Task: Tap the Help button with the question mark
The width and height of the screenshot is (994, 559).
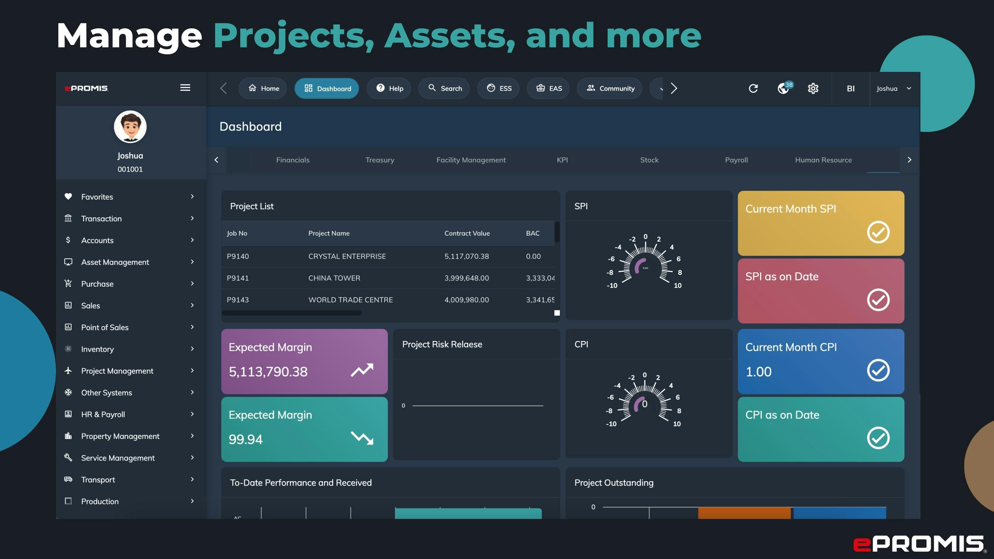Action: tap(389, 88)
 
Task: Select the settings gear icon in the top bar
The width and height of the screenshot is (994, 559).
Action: tap(813, 88)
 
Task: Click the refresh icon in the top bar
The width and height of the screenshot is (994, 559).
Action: tap(753, 88)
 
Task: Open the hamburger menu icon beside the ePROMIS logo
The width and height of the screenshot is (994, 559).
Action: tap(185, 88)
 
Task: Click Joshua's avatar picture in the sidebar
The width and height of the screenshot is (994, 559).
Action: tap(130, 127)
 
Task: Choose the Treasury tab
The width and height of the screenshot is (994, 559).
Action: tap(380, 160)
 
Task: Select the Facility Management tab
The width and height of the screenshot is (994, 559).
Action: tap(471, 160)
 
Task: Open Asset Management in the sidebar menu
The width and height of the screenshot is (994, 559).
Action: tap(115, 262)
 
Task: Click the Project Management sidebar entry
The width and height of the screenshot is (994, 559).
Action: tap(117, 371)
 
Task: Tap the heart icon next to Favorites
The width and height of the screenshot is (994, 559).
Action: tap(68, 196)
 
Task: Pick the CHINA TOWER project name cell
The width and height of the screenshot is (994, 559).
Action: tap(334, 278)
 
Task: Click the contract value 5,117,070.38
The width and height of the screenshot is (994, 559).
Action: tap(467, 256)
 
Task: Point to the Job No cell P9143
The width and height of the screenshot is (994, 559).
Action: tap(238, 300)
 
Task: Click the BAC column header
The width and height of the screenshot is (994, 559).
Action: tap(532, 233)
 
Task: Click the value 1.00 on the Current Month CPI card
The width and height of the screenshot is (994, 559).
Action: tap(758, 371)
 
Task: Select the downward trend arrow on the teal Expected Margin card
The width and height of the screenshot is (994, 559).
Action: tap(362, 438)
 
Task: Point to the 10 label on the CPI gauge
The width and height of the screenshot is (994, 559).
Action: tap(677, 424)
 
